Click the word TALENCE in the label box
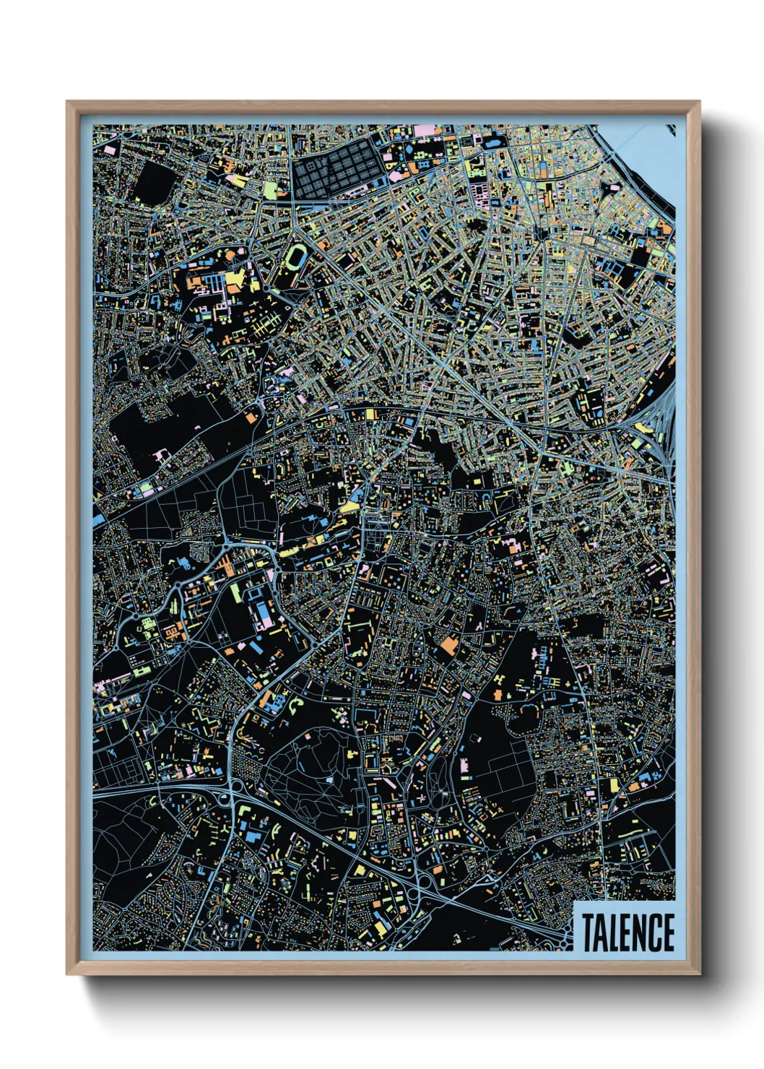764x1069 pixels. pos(627,932)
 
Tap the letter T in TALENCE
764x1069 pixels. pos(588,932)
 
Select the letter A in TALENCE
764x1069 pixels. pos(602,932)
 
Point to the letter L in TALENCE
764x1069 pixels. pos(615,932)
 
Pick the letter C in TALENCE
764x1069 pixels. pos(654,932)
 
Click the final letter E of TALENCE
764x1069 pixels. pos(669,932)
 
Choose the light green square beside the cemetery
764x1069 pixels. pos(270,190)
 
